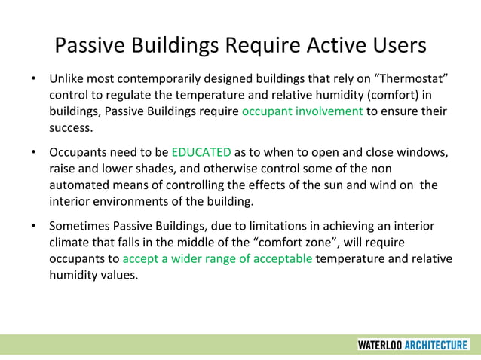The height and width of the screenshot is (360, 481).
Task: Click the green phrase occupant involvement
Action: click(x=302, y=111)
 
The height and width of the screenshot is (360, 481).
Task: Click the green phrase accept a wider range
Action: click(x=217, y=259)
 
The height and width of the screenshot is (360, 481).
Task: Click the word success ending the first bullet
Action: click(x=71, y=128)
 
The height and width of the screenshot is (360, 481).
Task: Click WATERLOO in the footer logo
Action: click(x=379, y=345)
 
